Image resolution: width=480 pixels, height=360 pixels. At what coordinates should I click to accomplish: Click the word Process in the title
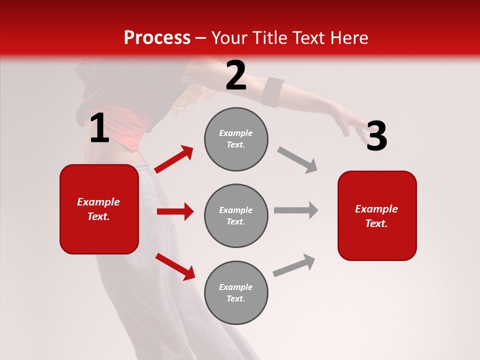157,37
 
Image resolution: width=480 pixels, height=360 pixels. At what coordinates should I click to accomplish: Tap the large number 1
99,128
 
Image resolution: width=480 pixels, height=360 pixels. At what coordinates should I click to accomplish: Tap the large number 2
236,76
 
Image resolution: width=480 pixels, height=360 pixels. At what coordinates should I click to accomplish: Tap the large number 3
376,136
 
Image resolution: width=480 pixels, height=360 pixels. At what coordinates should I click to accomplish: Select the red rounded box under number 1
99,209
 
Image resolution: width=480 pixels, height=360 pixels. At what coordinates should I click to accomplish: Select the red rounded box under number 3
377,216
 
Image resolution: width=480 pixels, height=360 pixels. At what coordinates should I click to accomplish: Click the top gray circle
236,139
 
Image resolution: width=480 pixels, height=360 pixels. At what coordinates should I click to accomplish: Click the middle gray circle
236,215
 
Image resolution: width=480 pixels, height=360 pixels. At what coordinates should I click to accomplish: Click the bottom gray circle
236,292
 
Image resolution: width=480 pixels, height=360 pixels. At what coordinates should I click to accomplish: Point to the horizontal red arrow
175,211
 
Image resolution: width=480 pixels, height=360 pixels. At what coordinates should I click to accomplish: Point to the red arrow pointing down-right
175,266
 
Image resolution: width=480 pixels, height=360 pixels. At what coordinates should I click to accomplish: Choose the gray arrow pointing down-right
297,160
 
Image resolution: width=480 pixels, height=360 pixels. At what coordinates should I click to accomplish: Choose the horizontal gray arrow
296,210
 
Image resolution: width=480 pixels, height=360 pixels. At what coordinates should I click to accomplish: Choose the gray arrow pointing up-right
294,265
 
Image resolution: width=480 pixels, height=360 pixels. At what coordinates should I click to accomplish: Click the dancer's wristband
272,92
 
